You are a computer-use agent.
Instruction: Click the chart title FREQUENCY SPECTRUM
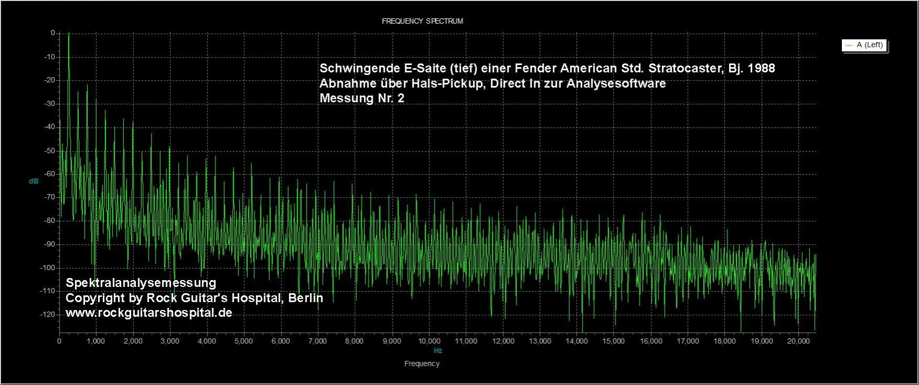pyautogui.click(x=422, y=21)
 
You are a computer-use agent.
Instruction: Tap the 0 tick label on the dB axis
pyautogui.click(x=52, y=33)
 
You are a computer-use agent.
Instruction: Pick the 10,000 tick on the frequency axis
pyautogui.click(x=429, y=341)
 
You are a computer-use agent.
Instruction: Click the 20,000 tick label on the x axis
pyautogui.click(x=798, y=341)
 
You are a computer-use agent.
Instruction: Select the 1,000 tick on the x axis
pyautogui.click(x=96, y=341)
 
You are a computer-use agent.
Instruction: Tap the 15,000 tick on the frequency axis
pyautogui.click(x=614, y=341)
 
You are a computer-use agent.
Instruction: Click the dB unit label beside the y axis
pyautogui.click(x=34, y=181)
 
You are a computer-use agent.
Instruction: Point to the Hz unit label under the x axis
pyautogui.click(x=438, y=350)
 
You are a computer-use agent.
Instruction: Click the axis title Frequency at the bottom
pyautogui.click(x=422, y=363)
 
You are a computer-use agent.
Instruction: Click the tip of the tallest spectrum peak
pyautogui.click(x=69, y=34)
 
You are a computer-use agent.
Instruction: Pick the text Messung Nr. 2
pyautogui.click(x=362, y=98)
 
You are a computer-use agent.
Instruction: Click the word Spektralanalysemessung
pyautogui.click(x=141, y=283)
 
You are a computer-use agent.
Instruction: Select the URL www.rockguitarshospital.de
pyautogui.click(x=149, y=313)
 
